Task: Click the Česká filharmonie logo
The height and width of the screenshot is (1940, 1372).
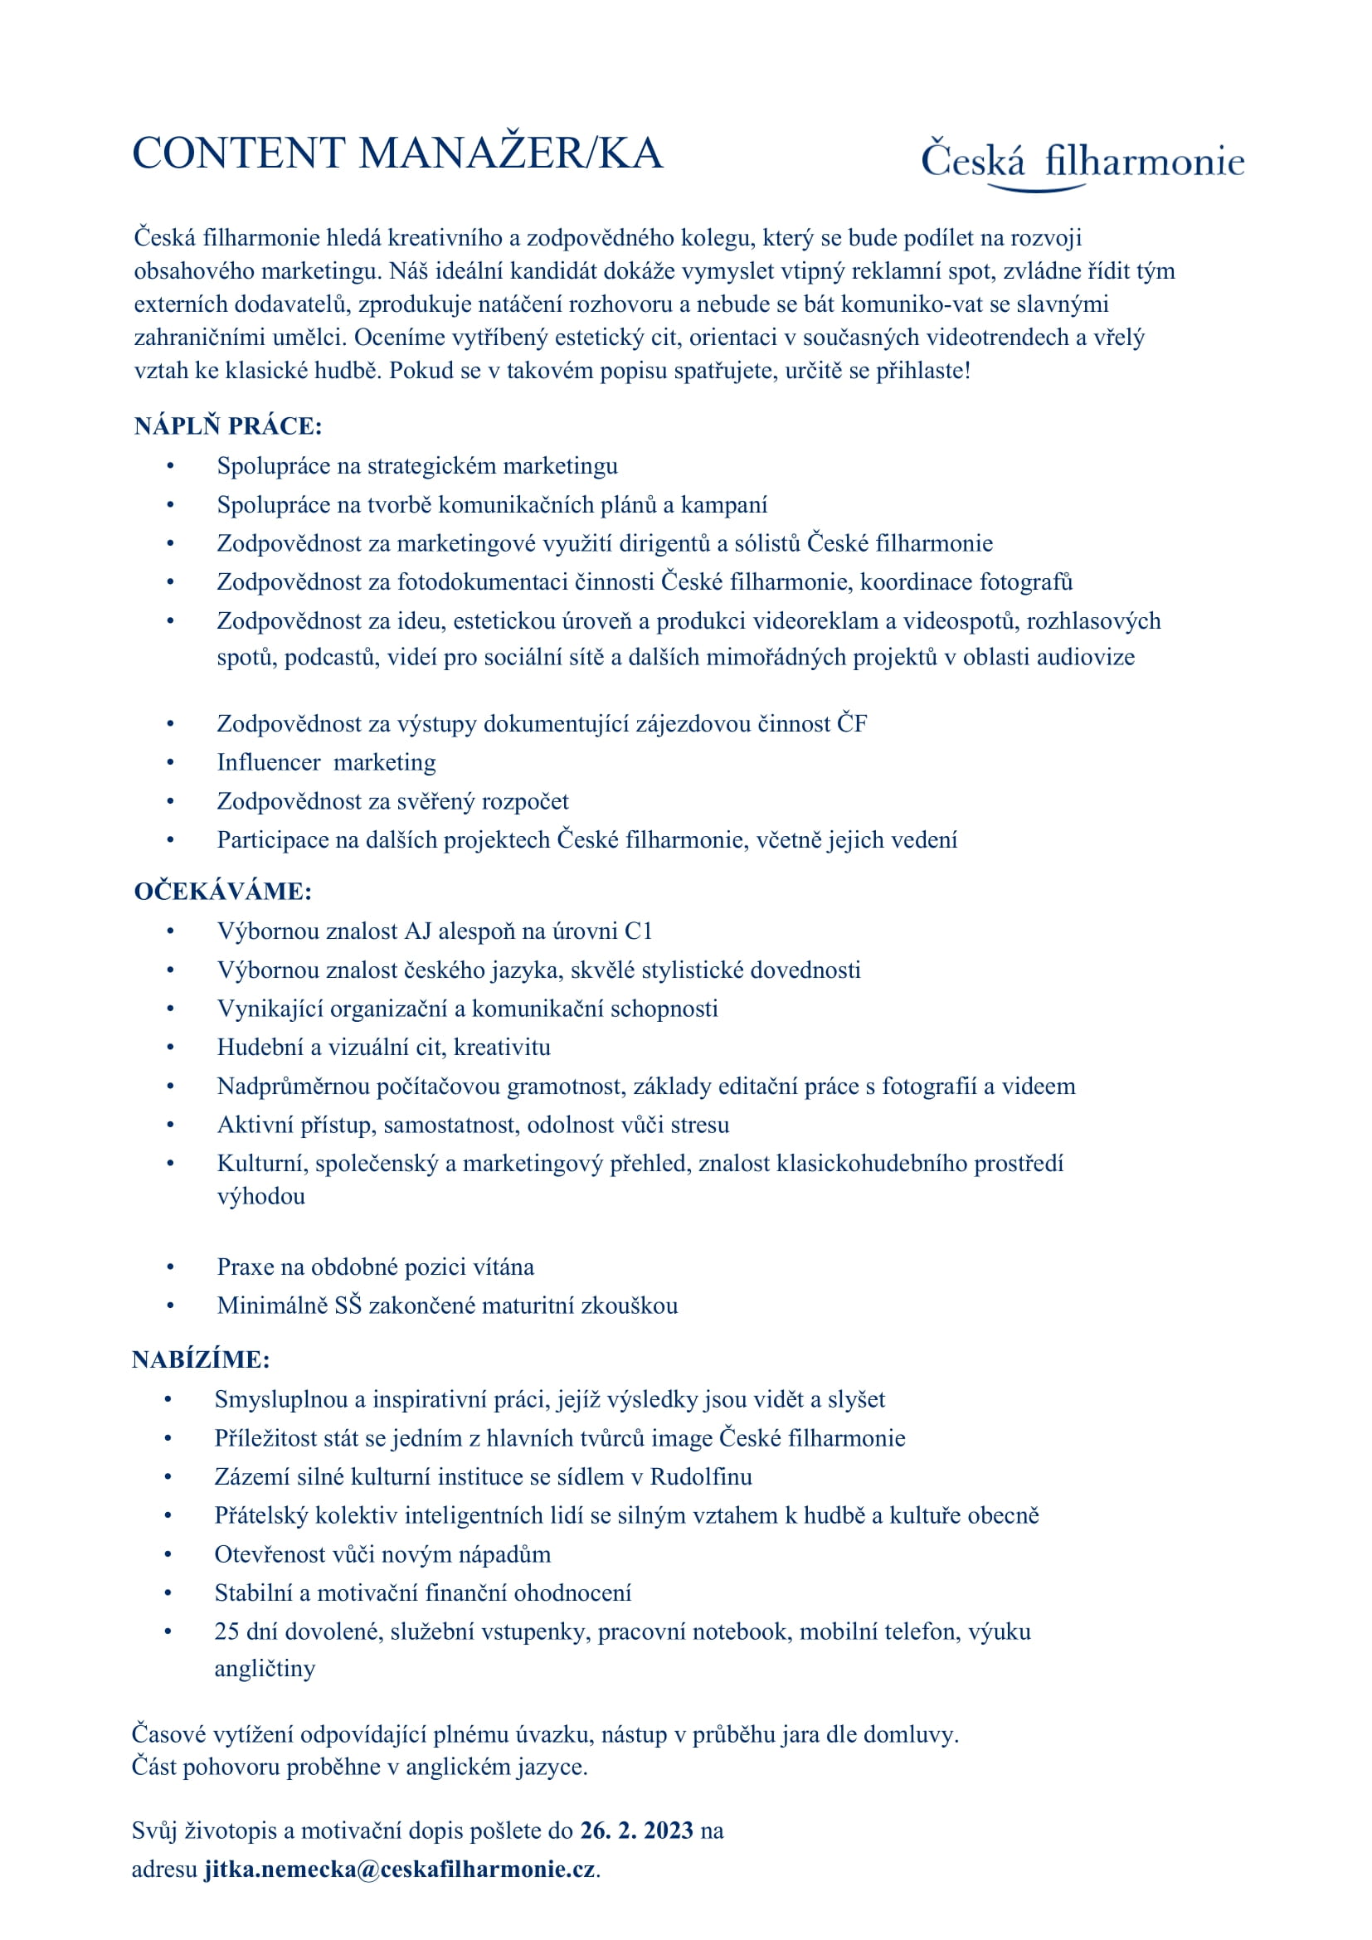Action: [1083, 163]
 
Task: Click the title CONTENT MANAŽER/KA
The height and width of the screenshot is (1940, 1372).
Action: [397, 153]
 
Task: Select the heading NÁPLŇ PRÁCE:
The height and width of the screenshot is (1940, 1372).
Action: [228, 425]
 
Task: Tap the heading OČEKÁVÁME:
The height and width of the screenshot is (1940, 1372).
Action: [223, 892]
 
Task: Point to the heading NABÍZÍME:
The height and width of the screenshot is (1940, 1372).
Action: [201, 1359]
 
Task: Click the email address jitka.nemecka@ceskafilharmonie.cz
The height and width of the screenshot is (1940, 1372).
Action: [400, 1868]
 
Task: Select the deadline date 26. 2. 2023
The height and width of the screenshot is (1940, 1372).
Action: [636, 1831]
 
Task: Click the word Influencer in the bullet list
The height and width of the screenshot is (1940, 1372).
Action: [269, 762]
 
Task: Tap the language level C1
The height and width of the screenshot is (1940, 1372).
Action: [638, 931]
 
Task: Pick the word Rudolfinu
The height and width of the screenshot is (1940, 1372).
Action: [700, 1476]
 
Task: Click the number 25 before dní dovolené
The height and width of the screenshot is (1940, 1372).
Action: [226, 1631]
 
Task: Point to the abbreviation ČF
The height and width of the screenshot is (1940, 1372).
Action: [852, 723]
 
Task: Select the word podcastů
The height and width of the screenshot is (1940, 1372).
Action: [332, 657]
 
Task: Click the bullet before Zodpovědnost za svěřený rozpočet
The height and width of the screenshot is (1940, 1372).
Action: [171, 801]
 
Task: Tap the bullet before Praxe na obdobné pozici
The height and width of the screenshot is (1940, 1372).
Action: [171, 1267]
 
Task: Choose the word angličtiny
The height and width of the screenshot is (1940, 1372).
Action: [265, 1668]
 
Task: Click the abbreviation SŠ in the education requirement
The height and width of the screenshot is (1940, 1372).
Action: [348, 1305]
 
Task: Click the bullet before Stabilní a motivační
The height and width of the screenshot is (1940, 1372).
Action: [168, 1592]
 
